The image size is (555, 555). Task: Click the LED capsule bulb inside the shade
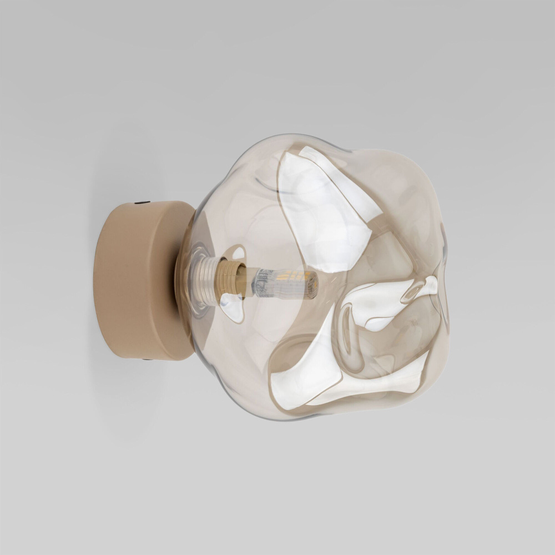(x=286, y=283)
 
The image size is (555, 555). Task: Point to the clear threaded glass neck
(x=203, y=281)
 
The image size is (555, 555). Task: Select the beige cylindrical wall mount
(x=139, y=280)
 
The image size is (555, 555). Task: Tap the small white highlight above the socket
(x=238, y=253)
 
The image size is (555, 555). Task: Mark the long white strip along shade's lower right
(x=377, y=383)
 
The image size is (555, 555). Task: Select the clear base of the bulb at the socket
(x=261, y=283)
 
